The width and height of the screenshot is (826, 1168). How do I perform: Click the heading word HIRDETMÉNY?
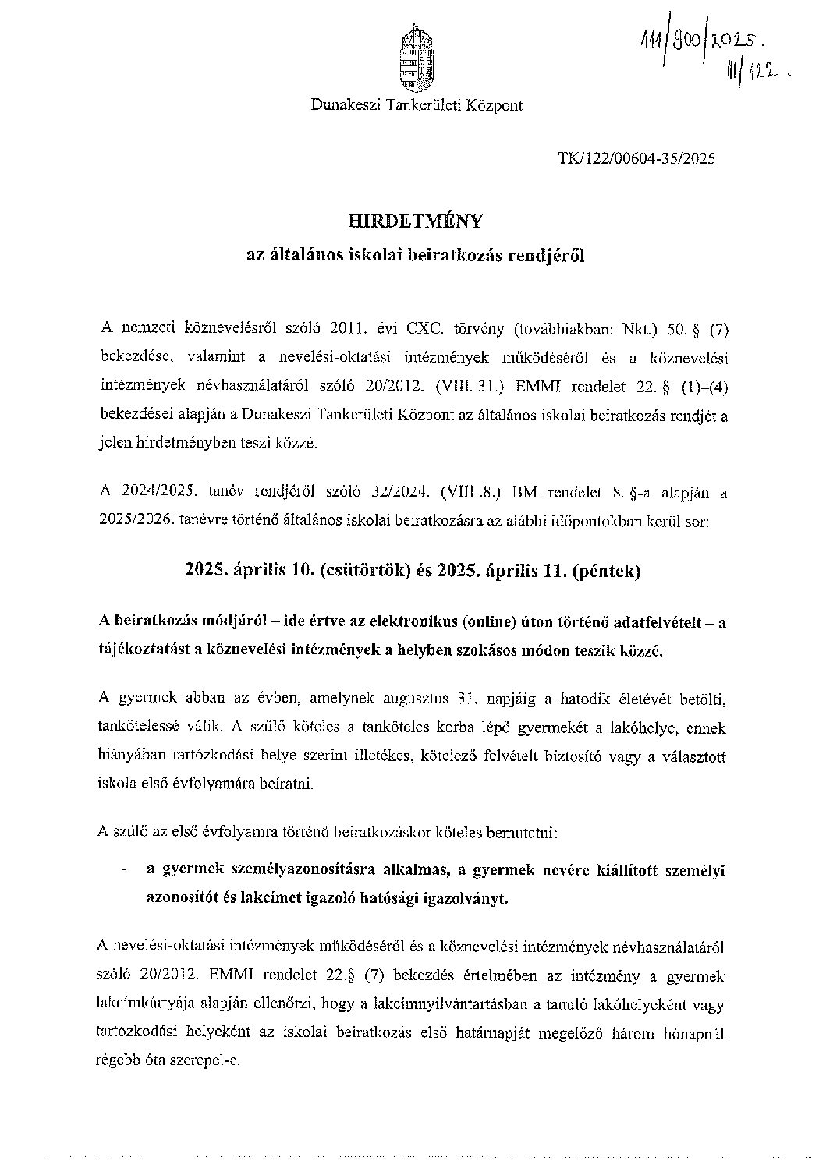click(416, 221)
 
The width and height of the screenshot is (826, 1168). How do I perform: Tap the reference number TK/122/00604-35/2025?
click(636, 159)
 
